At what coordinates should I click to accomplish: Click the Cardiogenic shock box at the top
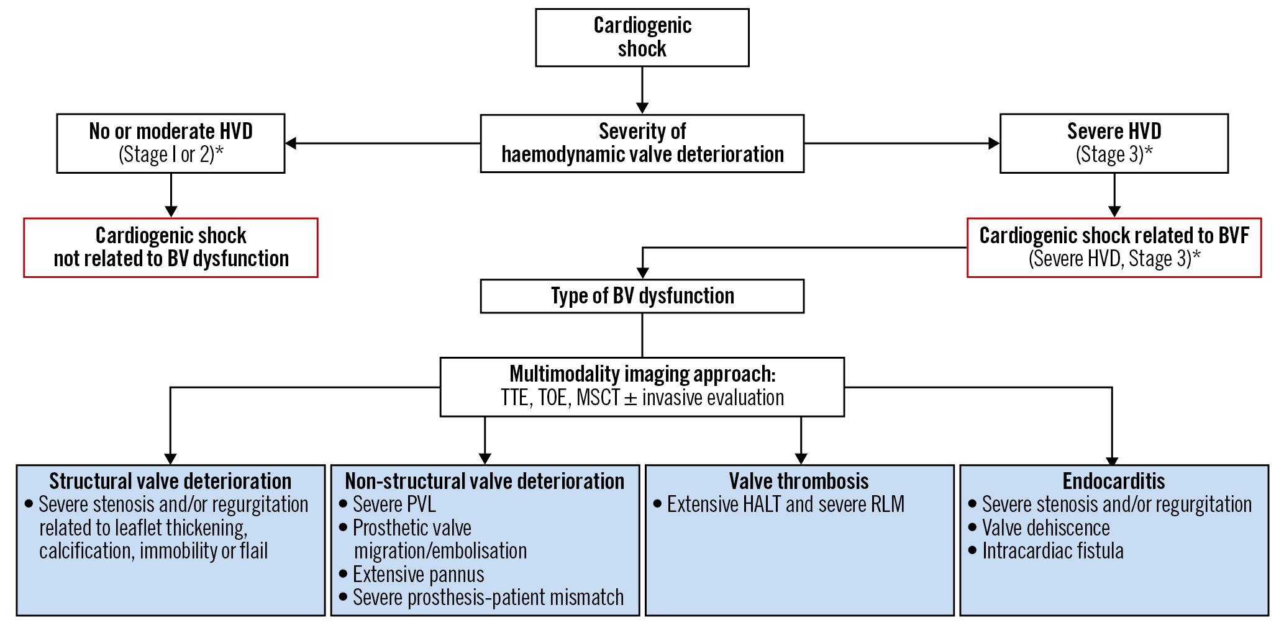pyautogui.click(x=642, y=37)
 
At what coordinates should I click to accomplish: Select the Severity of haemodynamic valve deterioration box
pyautogui.click(x=642, y=143)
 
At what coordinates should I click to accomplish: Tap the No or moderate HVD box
pyautogui.click(x=171, y=143)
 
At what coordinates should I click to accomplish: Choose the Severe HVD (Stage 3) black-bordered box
pyautogui.click(x=1114, y=143)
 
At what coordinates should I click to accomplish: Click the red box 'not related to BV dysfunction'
pyautogui.click(x=171, y=248)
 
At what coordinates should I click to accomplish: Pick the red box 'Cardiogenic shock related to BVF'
pyautogui.click(x=1114, y=248)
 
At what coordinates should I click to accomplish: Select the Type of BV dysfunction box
pyautogui.click(x=642, y=296)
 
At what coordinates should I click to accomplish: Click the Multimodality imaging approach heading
pyautogui.click(x=642, y=374)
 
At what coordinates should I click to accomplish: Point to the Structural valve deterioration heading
pyautogui.click(x=170, y=482)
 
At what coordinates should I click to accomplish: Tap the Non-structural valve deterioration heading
pyautogui.click(x=485, y=482)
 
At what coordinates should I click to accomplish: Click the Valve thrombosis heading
pyautogui.click(x=799, y=482)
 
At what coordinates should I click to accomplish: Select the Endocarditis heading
pyautogui.click(x=1114, y=482)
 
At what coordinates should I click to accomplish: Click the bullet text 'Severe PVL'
pyautogui.click(x=394, y=504)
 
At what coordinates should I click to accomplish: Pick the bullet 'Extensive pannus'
pyautogui.click(x=418, y=575)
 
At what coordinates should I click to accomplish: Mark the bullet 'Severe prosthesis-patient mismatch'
pyautogui.click(x=488, y=598)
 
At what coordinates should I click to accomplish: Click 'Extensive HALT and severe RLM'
pyautogui.click(x=785, y=504)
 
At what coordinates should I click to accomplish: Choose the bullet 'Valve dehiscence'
pyautogui.click(x=1045, y=528)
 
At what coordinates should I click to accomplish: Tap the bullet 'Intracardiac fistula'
pyautogui.click(x=1052, y=551)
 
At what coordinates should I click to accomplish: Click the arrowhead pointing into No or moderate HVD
pyautogui.click(x=291, y=143)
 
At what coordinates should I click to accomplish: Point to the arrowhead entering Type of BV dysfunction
pyautogui.click(x=642, y=273)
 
